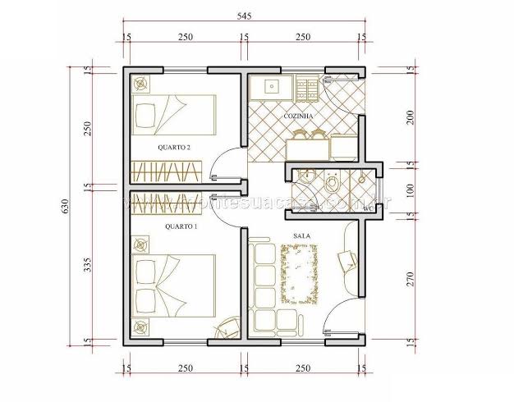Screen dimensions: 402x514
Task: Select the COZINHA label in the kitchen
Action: point(298,116)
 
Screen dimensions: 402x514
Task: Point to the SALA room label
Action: point(300,236)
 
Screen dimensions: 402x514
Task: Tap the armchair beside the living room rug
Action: point(345,261)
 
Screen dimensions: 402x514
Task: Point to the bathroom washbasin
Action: point(307,180)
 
